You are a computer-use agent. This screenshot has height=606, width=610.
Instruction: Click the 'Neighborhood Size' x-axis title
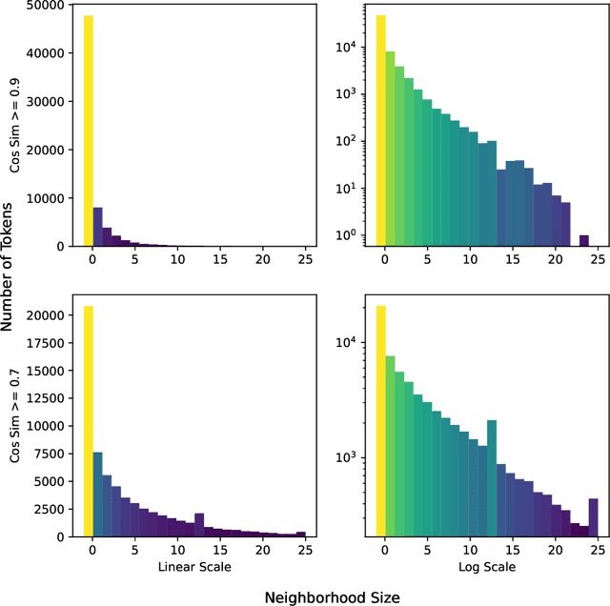click(x=332, y=596)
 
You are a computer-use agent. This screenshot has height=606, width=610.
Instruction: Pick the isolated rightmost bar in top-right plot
click(x=584, y=240)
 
